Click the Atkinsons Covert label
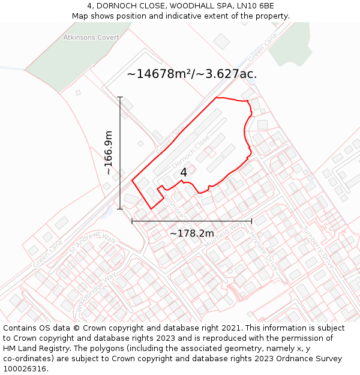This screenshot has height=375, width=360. click(91, 37)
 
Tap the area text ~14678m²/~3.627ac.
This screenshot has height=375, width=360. click(192, 74)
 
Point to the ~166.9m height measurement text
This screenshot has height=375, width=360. click(109, 153)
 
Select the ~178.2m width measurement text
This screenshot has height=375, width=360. click(191, 233)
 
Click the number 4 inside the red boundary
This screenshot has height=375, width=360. click(184, 172)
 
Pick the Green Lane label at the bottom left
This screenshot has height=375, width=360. click(48, 254)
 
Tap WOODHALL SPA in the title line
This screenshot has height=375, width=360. click(194, 6)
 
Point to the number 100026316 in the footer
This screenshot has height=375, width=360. click(26, 369)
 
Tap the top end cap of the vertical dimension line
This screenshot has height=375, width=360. click(120, 97)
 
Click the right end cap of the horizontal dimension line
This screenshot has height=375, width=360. click(251, 221)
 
